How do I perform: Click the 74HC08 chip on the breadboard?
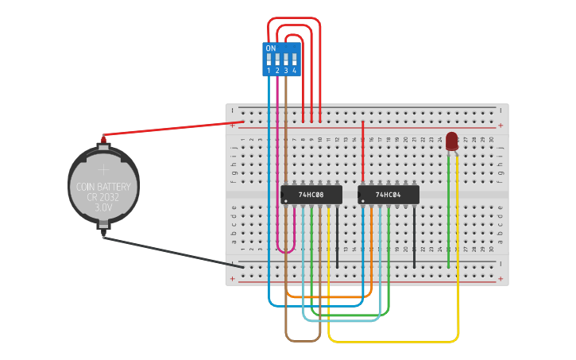tap(311, 194)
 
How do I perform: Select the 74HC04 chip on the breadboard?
tap(388, 194)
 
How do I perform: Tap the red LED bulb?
tap(451, 141)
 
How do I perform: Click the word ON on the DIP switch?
tap(271, 48)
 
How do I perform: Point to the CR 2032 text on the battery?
tap(103, 195)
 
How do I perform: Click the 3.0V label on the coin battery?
tap(103, 207)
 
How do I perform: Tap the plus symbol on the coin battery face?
tap(103, 168)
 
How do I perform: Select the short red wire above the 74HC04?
tap(363, 151)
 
